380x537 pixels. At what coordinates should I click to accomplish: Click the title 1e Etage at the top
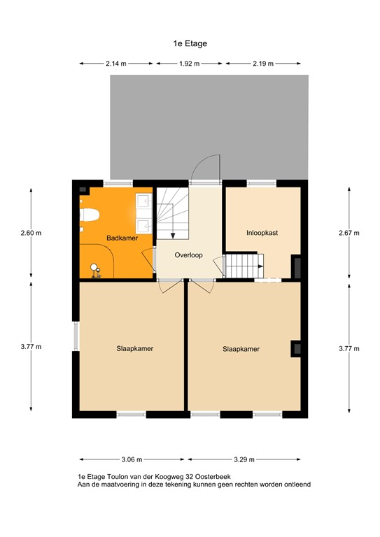click(x=190, y=43)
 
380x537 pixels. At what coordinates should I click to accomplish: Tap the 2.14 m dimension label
click(x=116, y=64)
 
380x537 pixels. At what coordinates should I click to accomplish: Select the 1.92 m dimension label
click(x=189, y=64)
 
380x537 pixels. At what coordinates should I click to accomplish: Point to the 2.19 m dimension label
click(x=263, y=64)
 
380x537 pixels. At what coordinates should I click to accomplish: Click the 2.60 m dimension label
click(x=31, y=233)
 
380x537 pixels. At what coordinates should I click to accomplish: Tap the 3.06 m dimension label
click(x=132, y=459)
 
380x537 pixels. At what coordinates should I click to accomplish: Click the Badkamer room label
click(x=122, y=238)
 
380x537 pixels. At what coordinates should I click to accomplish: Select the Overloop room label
click(x=189, y=255)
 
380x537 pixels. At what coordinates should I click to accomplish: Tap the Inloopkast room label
click(x=262, y=233)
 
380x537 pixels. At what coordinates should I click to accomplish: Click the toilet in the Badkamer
click(x=90, y=216)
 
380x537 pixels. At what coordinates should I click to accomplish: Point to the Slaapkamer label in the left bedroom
click(x=135, y=348)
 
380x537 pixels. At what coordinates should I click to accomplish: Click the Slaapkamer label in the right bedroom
click(x=241, y=349)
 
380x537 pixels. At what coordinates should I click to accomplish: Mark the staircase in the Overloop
click(x=169, y=217)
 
